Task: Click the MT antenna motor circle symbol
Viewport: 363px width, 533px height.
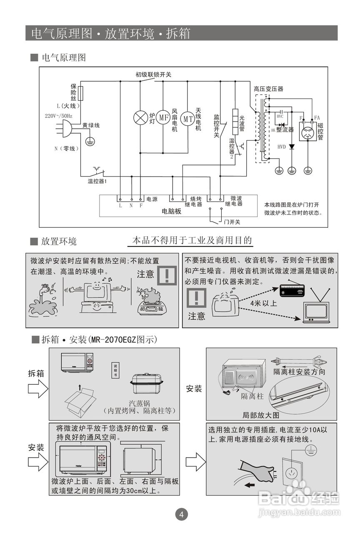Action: click(188, 118)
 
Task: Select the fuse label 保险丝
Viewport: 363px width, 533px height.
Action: click(73, 92)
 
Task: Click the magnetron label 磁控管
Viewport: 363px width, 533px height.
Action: click(320, 132)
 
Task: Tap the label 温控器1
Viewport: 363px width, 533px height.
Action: click(97, 181)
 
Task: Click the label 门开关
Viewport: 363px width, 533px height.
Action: click(232, 222)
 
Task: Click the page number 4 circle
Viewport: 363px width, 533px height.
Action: click(181, 514)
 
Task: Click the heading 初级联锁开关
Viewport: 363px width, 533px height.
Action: click(153, 75)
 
